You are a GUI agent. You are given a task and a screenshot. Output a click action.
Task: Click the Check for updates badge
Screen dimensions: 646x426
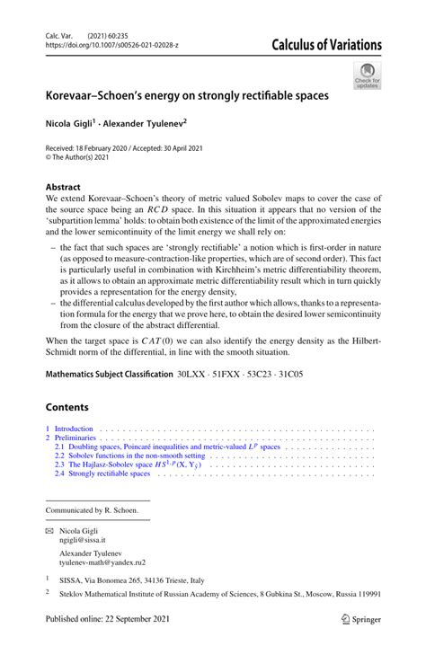point(367,75)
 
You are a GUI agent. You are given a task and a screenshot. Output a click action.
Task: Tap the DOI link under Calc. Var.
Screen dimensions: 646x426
point(114,45)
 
